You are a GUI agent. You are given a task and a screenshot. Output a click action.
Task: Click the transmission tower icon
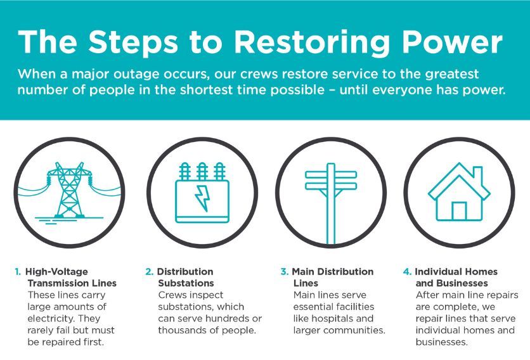tap(69, 191)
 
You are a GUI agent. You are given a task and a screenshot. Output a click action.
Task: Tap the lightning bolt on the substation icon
tap(202, 198)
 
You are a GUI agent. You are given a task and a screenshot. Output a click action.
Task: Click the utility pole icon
tap(331, 203)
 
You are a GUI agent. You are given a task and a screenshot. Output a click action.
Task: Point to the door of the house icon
tap(459, 211)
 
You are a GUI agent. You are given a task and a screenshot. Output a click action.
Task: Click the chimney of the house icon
tap(477, 175)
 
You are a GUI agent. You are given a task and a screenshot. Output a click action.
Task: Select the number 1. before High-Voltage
tap(18, 271)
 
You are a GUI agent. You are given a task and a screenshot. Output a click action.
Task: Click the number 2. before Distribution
tap(150, 271)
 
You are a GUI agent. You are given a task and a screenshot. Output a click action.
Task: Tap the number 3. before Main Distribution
tap(284, 271)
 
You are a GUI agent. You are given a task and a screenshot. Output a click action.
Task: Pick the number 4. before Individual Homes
tap(407, 271)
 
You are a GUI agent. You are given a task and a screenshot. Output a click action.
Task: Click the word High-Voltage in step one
tap(56, 271)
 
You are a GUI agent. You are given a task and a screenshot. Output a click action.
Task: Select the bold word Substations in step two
tap(186, 283)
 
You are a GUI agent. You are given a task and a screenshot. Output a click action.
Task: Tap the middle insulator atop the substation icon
tap(202, 171)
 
